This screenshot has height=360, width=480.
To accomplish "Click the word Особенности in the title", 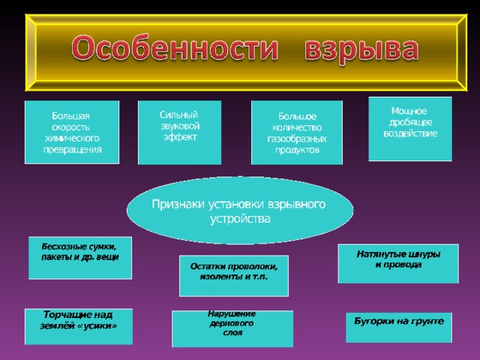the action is click(x=175, y=48).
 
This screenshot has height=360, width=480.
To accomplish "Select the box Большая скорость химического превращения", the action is click(x=72, y=132).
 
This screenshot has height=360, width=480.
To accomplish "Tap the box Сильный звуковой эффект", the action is click(x=180, y=133).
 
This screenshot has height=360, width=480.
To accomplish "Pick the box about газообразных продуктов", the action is click(x=297, y=133).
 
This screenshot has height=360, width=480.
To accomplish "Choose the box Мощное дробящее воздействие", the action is click(x=410, y=129).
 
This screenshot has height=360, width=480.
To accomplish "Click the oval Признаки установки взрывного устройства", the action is click(x=240, y=210).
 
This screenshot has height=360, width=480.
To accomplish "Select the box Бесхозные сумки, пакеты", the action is click(x=80, y=258).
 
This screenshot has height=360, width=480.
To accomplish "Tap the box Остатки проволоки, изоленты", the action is click(x=234, y=276).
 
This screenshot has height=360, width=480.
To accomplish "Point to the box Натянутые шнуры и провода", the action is click(x=398, y=263).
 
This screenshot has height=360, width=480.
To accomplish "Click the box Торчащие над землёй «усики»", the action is click(x=79, y=327).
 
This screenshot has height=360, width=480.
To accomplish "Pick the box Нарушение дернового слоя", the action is click(x=232, y=328).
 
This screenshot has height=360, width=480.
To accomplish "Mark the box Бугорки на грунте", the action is click(x=399, y=327).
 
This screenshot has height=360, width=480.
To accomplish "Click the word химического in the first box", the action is click(x=72, y=138).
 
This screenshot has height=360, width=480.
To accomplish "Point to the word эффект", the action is click(x=180, y=137).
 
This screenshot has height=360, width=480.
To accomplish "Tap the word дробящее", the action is click(x=410, y=122).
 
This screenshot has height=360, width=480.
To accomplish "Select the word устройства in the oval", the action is click(x=240, y=219).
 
